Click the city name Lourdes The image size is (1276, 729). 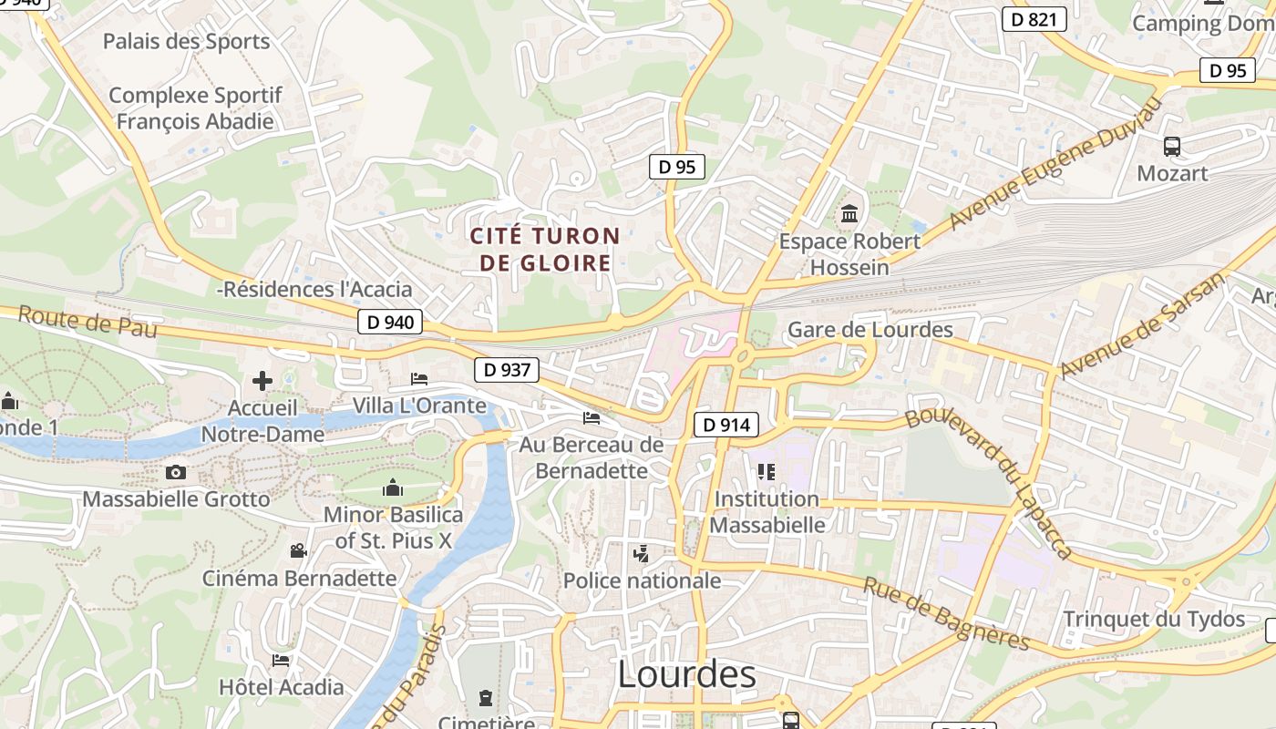(686, 674)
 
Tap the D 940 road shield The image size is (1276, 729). (389, 322)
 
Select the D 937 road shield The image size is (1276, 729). (506, 369)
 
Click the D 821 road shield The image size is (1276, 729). (1034, 19)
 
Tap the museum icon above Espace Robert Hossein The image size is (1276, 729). (849, 214)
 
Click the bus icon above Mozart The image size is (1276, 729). (1172, 146)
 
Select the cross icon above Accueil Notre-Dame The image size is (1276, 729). (262, 380)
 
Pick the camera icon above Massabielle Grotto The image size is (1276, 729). (176, 472)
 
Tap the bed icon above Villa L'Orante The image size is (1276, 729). (419, 378)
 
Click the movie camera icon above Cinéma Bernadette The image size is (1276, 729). (298, 550)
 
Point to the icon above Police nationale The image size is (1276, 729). (642, 552)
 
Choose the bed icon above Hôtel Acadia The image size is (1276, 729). (281, 660)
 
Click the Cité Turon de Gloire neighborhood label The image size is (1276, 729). (545, 250)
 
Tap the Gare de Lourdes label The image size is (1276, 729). (870, 330)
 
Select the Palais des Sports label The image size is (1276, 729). (186, 41)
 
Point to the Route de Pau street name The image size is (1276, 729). (87, 322)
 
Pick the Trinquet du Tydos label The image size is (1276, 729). (1154, 620)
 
